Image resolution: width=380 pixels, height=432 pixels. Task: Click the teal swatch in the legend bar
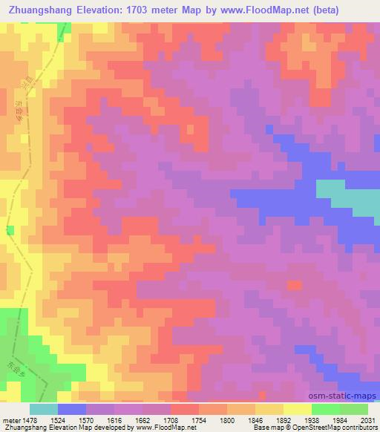(x=44, y=408)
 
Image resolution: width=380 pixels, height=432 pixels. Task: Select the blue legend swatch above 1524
(x=72, y=408)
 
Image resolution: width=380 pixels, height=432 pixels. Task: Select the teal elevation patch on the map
(x=349, y=196)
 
